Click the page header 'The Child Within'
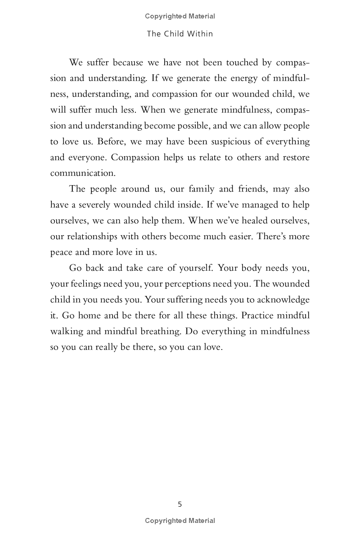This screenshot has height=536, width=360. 180,34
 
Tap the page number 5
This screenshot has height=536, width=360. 180,504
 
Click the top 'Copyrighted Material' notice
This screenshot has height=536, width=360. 180,16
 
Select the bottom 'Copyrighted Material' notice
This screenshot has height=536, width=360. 180,521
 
